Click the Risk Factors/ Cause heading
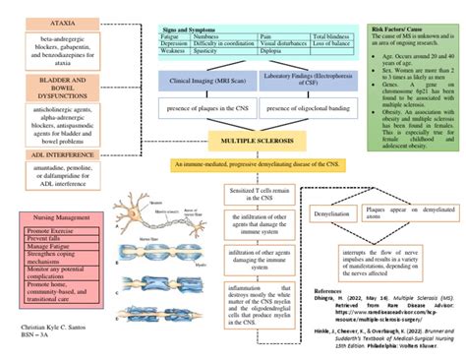pyautogui.click(x=396, y=30)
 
